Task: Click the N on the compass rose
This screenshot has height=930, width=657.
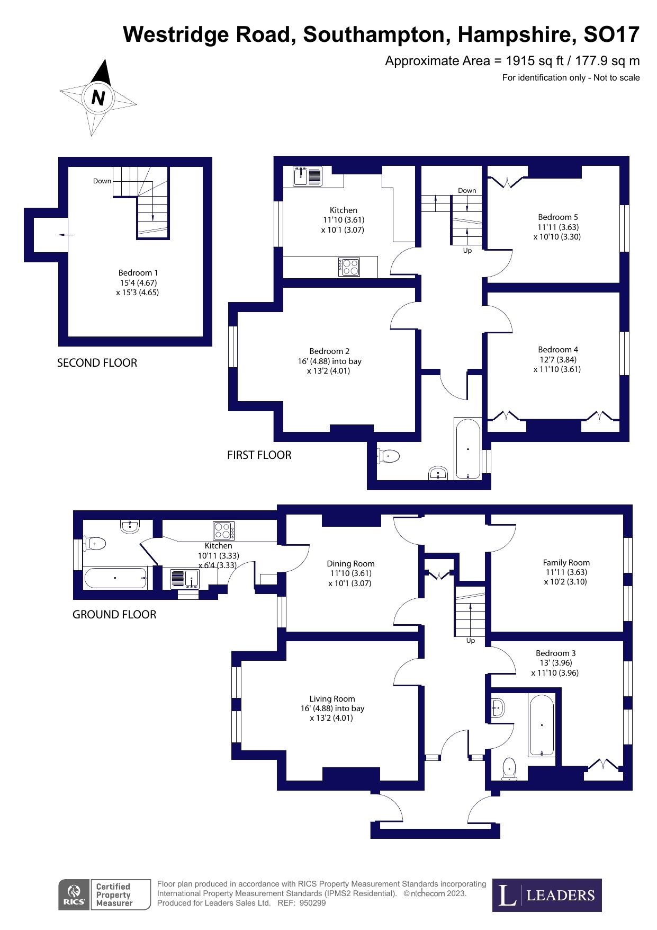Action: click(x=98, y=98)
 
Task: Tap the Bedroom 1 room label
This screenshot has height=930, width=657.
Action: click(x=138, y=273)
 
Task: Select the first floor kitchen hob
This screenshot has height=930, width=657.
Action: click(x=349, y=267)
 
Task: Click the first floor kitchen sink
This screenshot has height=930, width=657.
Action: click(x=307, y=176)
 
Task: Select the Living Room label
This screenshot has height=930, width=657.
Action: click(x=332, y=699)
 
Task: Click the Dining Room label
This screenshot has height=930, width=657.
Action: click(x=350, y=564)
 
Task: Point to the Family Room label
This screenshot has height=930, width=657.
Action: click(x=566, y=563)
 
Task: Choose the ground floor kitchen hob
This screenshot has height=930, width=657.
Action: click(x=223, y=530)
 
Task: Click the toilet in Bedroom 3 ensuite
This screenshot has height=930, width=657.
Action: click(x=509, y=768)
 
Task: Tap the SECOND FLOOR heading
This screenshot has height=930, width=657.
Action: click(x=97, y=363)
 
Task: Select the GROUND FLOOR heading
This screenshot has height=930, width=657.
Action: click(x=114, y=615)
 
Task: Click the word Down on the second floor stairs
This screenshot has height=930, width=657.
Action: click(x=102, y=181)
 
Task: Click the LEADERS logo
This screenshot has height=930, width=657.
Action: click(x=547, y=895)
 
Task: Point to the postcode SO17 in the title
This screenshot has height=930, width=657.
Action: click(x=611, y=34)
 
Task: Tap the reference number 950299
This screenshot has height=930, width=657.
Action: click(x=312, y=903)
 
